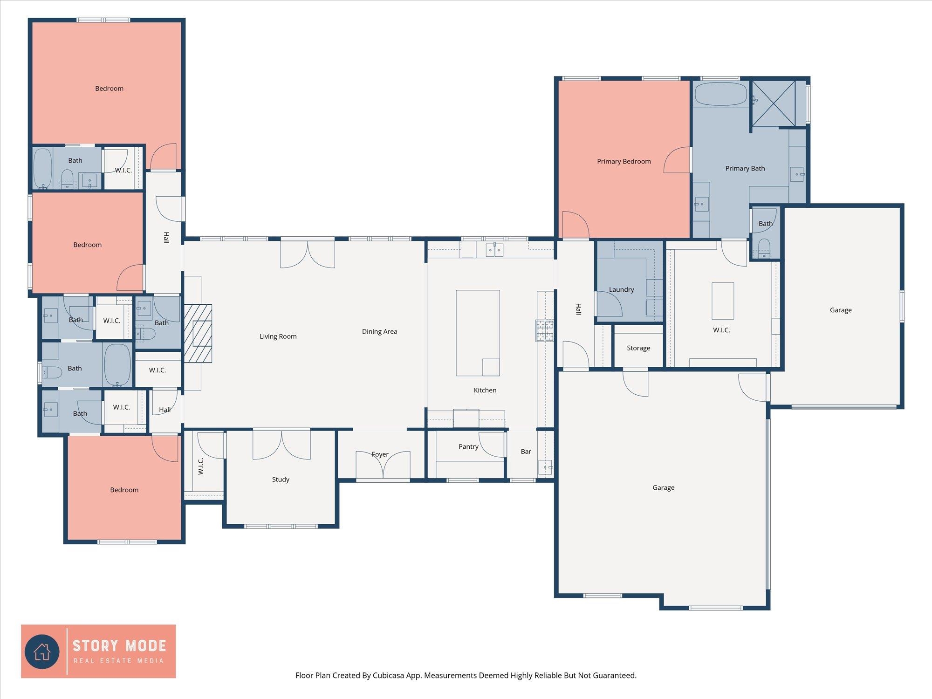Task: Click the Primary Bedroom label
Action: click(x=624, y=162)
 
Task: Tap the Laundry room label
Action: click(x=622, y=290)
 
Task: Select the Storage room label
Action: click(x=638, y=348)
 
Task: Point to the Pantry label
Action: click(x=468, y=446)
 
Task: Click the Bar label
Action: click(x=526, y=452)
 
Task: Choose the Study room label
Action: click(x=281, y=480)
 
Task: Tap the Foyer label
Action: click(x=380, y=454)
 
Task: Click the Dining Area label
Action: click(x=380, y=332)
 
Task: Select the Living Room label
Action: click(x=278, y=336)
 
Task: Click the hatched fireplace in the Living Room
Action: click(x=198, y=334)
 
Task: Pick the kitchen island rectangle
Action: click(x=478, y=333)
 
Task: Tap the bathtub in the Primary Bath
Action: click(x=721, y=95)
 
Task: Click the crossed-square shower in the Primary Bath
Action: click(x=774, y=103)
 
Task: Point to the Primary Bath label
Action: click(x=745, y=169)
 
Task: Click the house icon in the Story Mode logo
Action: click(x=42, y=651)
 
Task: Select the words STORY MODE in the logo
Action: click(x=119, y=646)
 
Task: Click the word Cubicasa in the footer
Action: click(x=388, y=675)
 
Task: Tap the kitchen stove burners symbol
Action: click(x=545, y=331)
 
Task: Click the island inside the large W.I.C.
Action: click(x=723, y=301)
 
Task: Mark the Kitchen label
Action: click(x=485, y=391)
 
